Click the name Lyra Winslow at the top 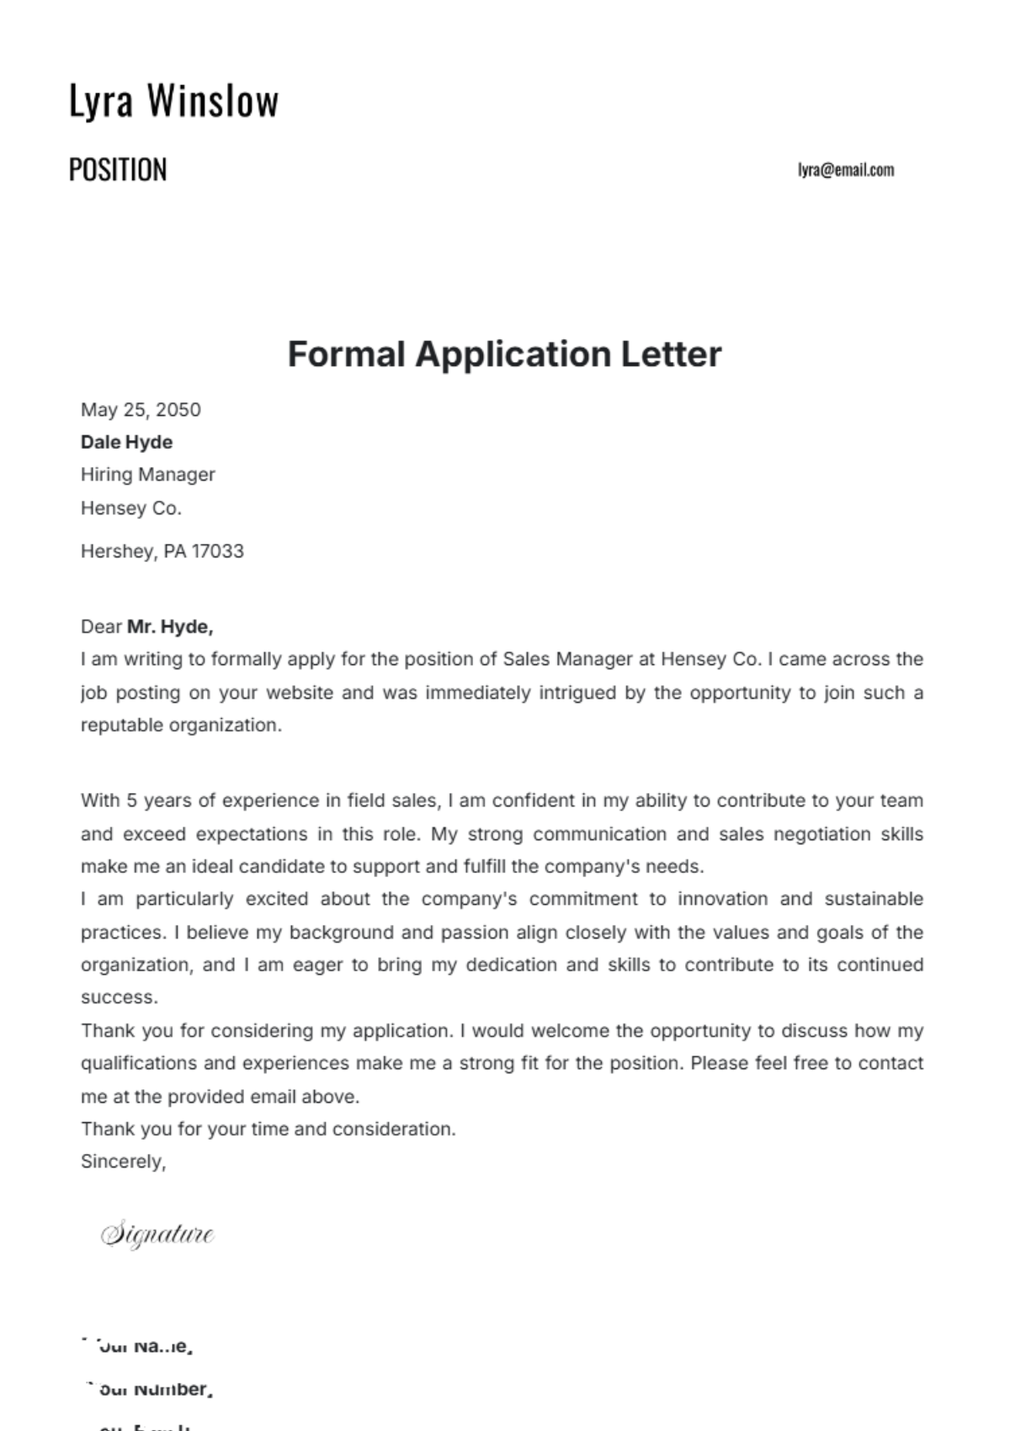click(173, 101)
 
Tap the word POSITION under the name click(118, 170)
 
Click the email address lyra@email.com click(845, 170)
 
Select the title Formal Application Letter click(504, 354)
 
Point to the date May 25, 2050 click(141, 410)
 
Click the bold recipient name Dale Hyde click(126, 442)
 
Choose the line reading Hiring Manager click(148, 475)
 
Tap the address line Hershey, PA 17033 click(162, 551)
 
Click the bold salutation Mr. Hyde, click(170, 626)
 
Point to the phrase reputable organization click(181, 726)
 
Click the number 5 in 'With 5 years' click(131, 801)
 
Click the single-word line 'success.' click(120, 997)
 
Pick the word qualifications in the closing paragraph click(139, 1063)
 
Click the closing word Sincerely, click(123, 1162)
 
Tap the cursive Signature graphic click(157, 1235)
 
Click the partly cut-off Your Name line click(139, 1346)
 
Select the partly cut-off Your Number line click(148, 1390)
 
